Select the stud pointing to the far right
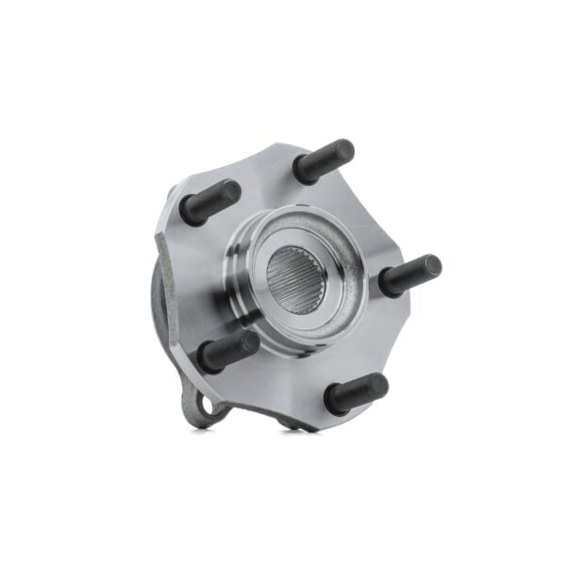[409, 275]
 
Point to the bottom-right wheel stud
[356, 393]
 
